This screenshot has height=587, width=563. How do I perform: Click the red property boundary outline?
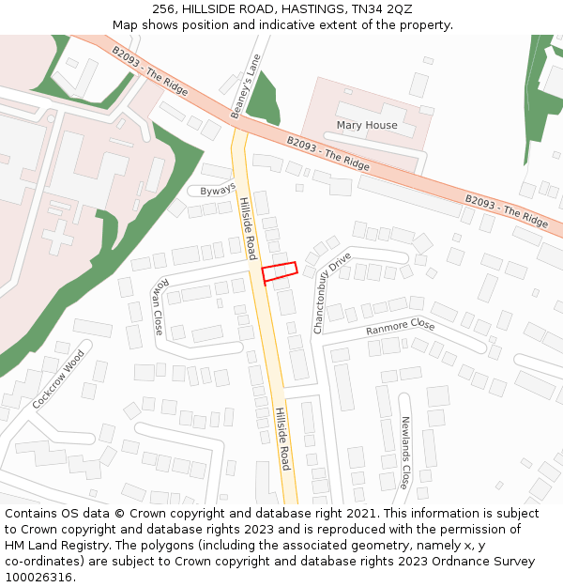pyautogui.click(x=279, y=271)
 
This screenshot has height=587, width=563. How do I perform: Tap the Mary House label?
pyautogui.click(x=367, y=125)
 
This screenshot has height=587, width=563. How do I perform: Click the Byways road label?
pyautogui.click(x=218, y=190)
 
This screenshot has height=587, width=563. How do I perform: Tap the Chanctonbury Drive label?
pyautogui.click(x=332, y=292)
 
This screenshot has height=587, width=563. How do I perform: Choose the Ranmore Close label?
pyautogui.click(x=401, y=327)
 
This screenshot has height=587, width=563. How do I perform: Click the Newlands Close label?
pyautogui.click(x=405, y=453)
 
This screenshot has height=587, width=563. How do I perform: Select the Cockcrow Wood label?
pyautogui.click(x=59, y=379)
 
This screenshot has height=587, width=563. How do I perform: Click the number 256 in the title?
pyautogui.click(x=164, y=8)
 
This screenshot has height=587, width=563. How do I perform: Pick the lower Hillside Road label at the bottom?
pyautogui.click(x=284, y=439)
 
